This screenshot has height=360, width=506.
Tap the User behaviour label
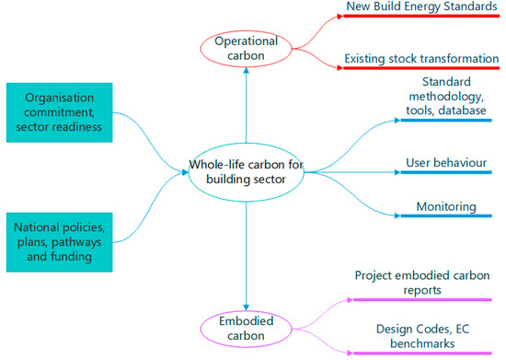[445, 163]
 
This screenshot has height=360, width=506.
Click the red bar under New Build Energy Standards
[424, 18]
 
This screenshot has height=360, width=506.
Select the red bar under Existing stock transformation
[424, 69]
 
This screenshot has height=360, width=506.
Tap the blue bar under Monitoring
[445, 218]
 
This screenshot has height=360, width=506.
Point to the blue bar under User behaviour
[445, 172]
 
